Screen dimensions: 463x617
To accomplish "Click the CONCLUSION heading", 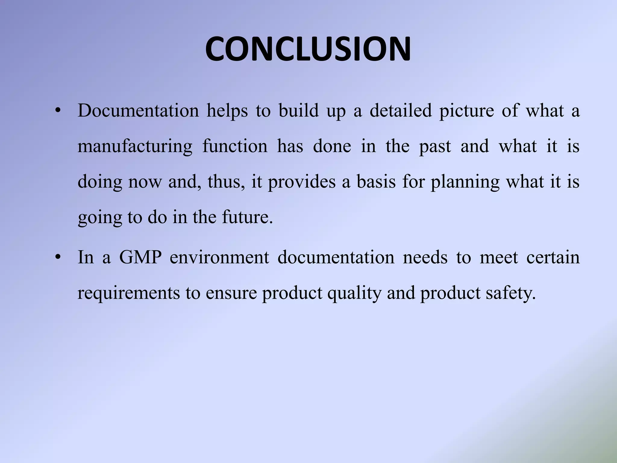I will point(308,49).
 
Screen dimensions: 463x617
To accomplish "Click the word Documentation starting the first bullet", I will point(138,111).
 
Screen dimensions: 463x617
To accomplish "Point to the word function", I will point(235,146).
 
